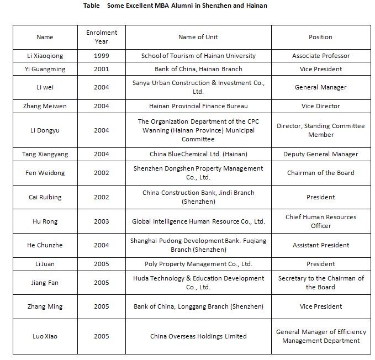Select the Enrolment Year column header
pos(102,37)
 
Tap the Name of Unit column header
pos(198,37)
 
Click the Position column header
pos(320,37)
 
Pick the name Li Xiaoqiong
pos(45,56)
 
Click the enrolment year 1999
pos(102,56)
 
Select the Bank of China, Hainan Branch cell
pos(198,69)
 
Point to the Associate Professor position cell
pos(320,56)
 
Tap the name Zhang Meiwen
pos(45,106)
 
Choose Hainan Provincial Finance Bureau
pos(198,106)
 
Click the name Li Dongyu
pos(45,130)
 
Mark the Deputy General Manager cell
pos(320,154)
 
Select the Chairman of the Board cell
pos(320,173)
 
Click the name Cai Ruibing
pos(45,197)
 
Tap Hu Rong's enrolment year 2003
pos(102,221)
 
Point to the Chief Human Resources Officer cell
pos(320,221)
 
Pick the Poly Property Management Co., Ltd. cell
pos(198,264)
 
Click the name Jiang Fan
pos(45,283)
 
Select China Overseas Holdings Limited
pos(198,336)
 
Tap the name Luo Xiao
pos(45,336)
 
